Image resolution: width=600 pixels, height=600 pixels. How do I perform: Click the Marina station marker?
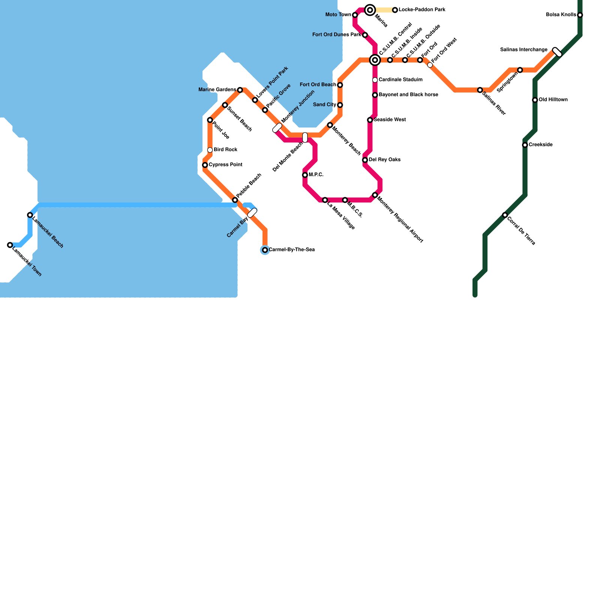pyautogui.click(x=370, y=10)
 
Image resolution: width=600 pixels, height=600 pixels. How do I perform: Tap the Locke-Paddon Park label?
pyautogui.click(x=422, y=10)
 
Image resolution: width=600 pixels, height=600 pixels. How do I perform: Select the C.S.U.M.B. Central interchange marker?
pyautogui.click(x=375, y=60)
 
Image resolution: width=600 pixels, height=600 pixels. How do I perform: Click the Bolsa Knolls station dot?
pyautogui.click(x=580, y=15)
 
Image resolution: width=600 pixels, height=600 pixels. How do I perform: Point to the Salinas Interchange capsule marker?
pyautogui.click(x=557, y=52)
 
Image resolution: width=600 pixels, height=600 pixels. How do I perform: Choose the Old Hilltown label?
pyautogui.click(x=553, y=100)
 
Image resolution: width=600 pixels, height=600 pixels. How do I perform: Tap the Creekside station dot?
pyautogui.click(x=525, y=145)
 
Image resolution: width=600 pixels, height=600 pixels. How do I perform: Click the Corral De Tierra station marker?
pyautogui.click(x=505, y=215)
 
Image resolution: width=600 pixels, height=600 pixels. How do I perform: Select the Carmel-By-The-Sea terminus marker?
pyautogui.click(x=265, y=250)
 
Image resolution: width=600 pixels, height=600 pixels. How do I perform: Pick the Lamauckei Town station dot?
pyautogui.click(x=10, y=245)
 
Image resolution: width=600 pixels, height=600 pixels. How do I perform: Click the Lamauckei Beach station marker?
pyautogui.click(x=30, y=215)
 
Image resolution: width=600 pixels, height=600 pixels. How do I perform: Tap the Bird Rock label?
pyautogui.click(x=225, y=150)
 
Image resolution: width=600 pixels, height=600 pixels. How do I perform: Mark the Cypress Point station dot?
pyautogui.click(x=205, y=165)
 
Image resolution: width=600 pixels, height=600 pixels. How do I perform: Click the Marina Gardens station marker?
pyautogui.click(x=240, y=90)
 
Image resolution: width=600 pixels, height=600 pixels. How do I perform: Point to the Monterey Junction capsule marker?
pyautogui.click(x=277, y=128)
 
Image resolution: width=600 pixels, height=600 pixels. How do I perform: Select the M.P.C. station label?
pyautogui.click(x=316, y=175)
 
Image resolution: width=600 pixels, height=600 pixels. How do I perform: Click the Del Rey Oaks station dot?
pyautogui.click(x=365, y=160)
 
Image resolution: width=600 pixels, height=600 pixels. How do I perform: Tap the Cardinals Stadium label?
pyautogui.click(x=400, y=80)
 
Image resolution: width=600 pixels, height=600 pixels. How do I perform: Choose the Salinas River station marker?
pyautogui.click(x=480, y=90)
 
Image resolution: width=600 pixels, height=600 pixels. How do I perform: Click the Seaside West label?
pyautogui.click(x=390, y=120)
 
